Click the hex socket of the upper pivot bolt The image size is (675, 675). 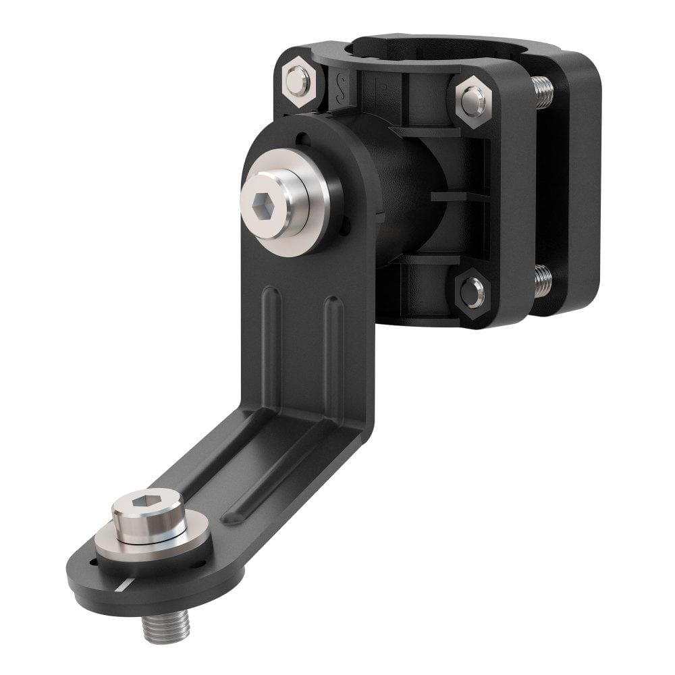(263, 202)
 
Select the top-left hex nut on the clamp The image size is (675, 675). (298, 81)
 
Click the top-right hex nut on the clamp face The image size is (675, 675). (473, 100)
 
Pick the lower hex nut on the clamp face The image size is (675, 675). (473, 292)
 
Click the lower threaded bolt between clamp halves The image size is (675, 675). (542, 280)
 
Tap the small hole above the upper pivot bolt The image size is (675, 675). (301, 140)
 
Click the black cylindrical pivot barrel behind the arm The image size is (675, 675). (405, 196)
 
